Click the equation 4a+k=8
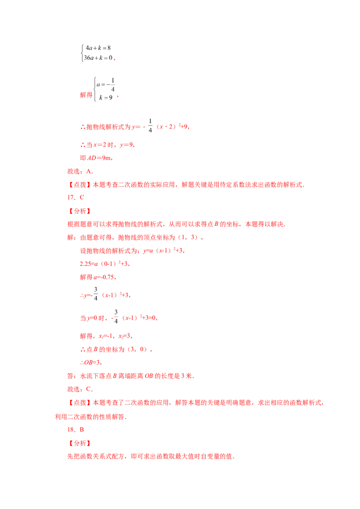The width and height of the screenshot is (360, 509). click(98, 48)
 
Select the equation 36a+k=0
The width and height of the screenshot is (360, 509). click(98, 58)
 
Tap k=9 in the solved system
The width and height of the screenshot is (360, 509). click(106, 98)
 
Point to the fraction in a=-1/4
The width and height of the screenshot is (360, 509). click(113, 85)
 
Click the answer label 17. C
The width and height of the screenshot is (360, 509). click(76, 197)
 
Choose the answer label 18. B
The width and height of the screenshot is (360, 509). click(76, 429)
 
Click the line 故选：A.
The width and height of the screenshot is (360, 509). click(80, 171)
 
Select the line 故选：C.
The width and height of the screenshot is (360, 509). click(80, 389)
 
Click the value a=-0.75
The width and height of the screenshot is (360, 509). click(104, 277)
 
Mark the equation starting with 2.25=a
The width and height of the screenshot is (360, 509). click(104, 263)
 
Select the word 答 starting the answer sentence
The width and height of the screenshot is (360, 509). click(71, 376)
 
